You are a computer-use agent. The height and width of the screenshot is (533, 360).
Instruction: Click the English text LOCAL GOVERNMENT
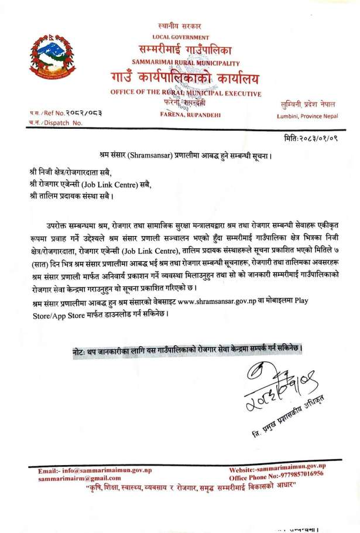click(x=180, y=36)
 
